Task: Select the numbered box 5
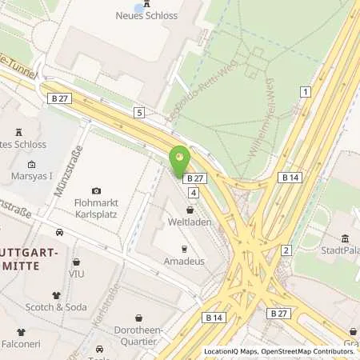point(139,113)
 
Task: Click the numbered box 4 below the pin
point(194,193)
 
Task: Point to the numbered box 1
point(305,92)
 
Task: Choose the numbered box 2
point(286,250)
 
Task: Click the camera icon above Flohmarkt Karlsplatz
point(97,190)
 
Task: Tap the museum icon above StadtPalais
point(345,238)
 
